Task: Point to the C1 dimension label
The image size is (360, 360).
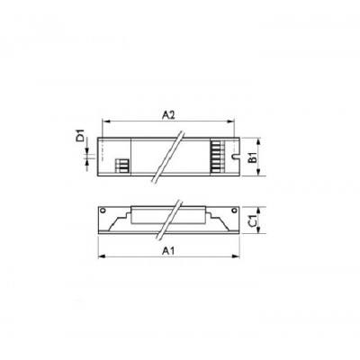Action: pyautogui.click(x=255, y=220)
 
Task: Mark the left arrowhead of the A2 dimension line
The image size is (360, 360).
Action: pyautogui.click(x=103, y=125)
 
